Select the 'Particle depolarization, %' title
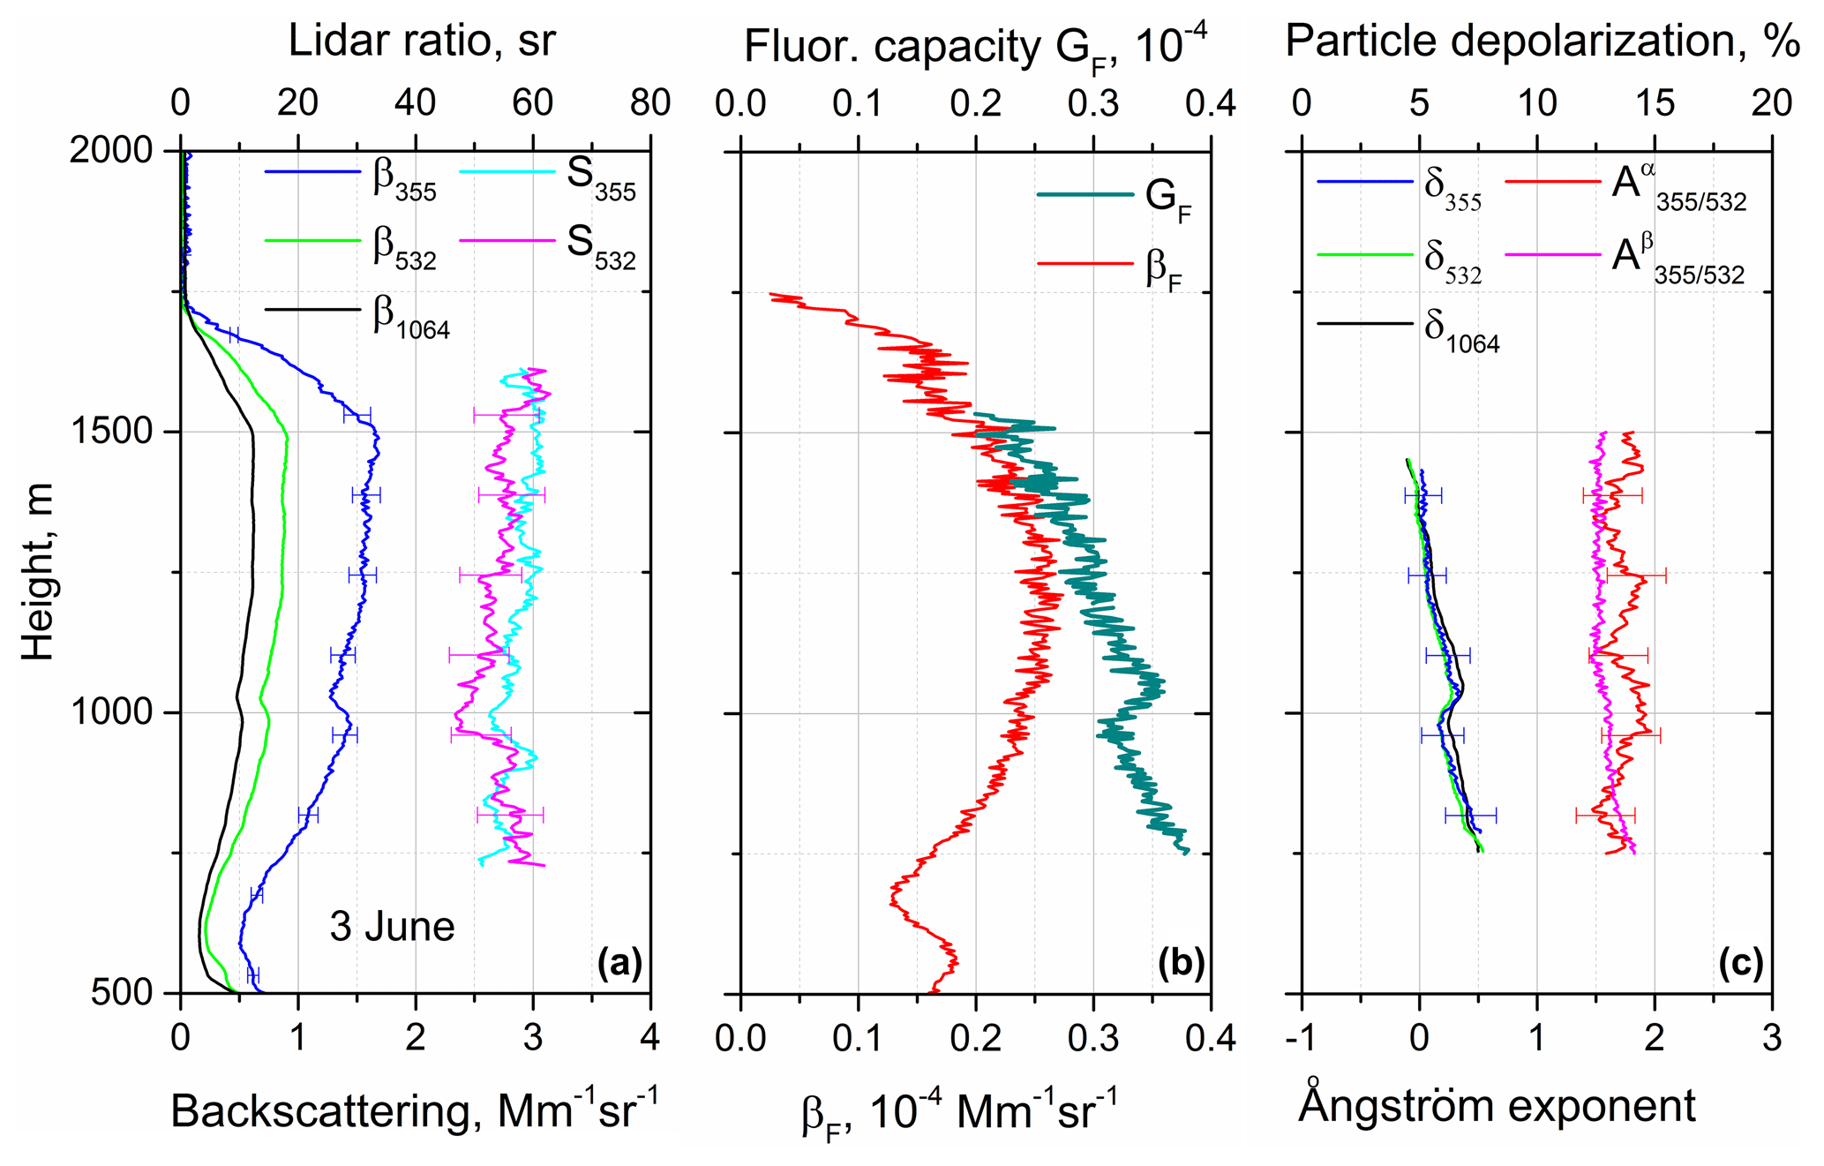(x=1541, y=41)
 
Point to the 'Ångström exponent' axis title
(x=1497, y=1105)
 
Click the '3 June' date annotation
(x=392, y=927)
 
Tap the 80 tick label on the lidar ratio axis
(x=650, y=103)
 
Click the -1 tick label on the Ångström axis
(x=1302, y=1038)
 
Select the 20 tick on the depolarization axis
(x=1771, y=103)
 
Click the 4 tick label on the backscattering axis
(x=649, y=1038)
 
